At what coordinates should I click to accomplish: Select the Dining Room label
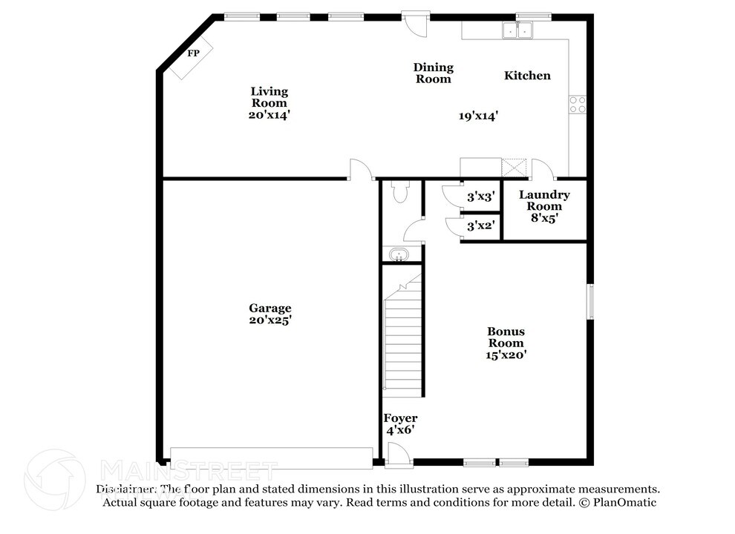click(434, 73)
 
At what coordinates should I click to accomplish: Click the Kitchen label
click(527, 76)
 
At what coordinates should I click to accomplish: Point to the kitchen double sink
click(519, 30)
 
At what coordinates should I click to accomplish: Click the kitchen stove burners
click(578, 105)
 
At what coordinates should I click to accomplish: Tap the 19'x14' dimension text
click(477, 116)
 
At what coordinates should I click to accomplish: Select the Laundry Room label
click(544, 200)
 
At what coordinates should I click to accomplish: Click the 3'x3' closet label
click(480, 197)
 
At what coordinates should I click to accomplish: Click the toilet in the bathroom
click(400, 192)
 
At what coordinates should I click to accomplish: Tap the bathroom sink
click(400, 256)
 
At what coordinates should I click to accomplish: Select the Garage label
click(269, 314)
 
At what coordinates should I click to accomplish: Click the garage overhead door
click(271, 458)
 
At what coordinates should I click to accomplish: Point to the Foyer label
click(400, 423)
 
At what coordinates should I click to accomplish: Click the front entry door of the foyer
click(396, 455)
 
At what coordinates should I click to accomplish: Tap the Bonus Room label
click(506, 343)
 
